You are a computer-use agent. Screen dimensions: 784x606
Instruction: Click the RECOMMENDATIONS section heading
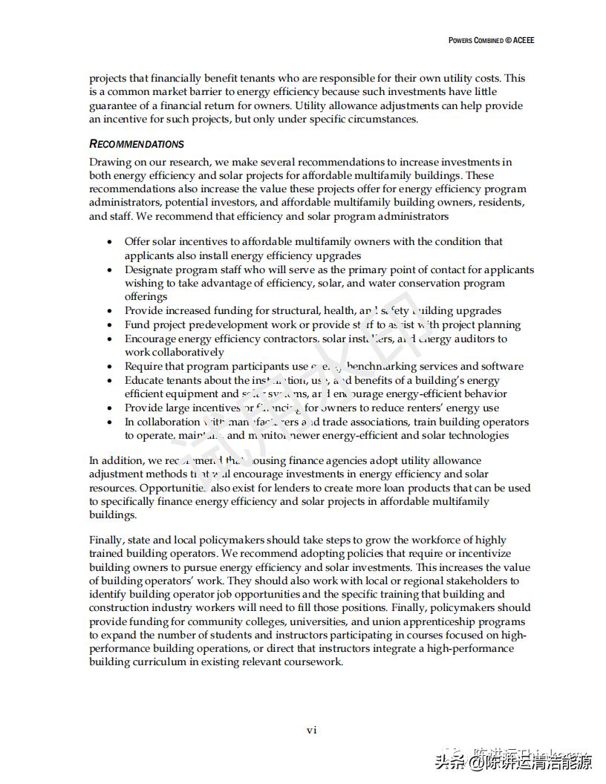tap(137, 144)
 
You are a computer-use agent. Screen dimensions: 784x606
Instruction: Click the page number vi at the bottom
tap(312, 730)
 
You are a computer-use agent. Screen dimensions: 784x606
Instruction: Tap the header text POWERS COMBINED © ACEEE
tap(491, 40)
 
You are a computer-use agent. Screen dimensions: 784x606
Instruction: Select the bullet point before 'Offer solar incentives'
tap(109, 242)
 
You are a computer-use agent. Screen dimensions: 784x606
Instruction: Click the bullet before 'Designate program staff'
tap(109, 270)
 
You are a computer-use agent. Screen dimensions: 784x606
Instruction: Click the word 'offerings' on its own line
tap(146, 297)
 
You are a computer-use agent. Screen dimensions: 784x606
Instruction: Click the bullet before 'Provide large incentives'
tap(109, 408)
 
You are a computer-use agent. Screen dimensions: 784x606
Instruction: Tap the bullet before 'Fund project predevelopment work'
tap(109, 325)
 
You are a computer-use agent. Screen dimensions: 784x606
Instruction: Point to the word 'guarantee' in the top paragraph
tap(114, 105)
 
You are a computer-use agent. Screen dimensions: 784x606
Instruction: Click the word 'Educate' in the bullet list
tap(145, 380)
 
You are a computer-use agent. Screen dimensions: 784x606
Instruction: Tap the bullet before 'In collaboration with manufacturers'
tap(109, 422)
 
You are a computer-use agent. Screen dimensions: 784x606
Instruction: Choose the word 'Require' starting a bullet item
tap(144, 366)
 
